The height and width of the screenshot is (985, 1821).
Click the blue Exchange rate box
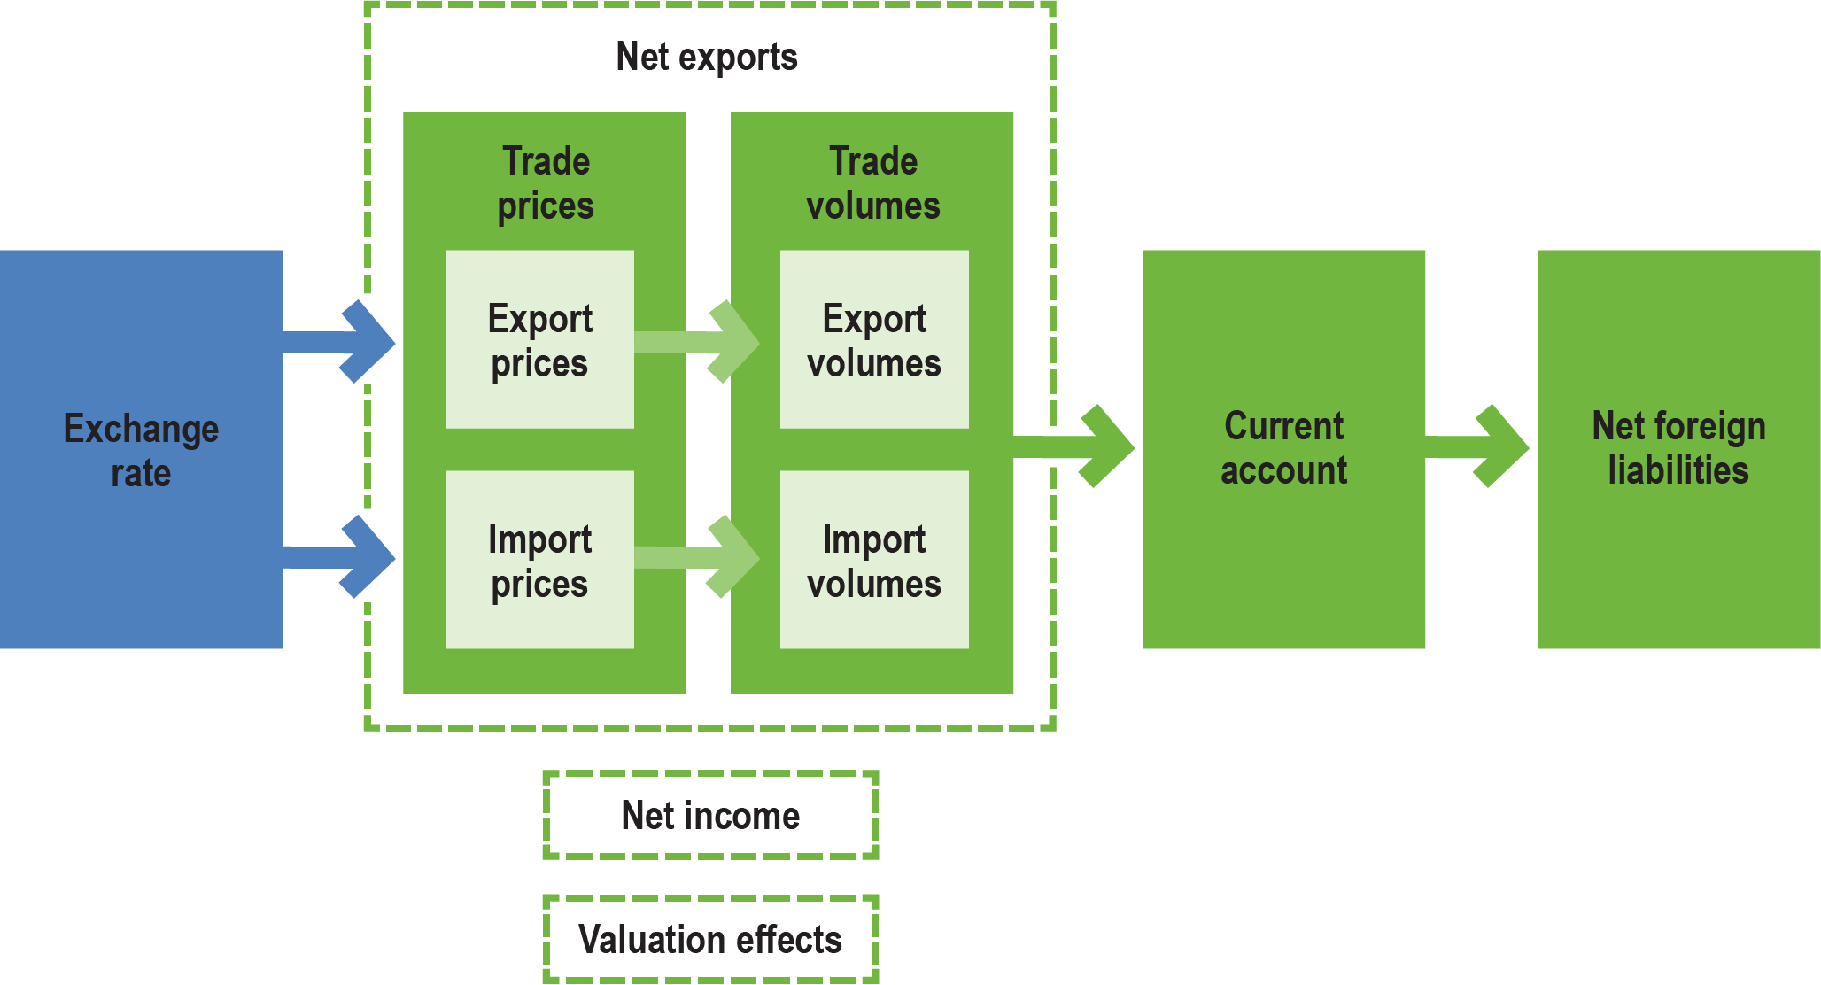click(141, 449)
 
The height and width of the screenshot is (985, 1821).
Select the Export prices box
click(539, 340)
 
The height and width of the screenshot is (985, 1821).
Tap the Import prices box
click(539, 560)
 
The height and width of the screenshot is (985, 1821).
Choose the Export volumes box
click(874, 340)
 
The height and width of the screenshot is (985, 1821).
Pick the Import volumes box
click(874, 560)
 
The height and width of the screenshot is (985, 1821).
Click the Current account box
click(1283, 449)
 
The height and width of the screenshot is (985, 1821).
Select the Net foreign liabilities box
click(1678, 449)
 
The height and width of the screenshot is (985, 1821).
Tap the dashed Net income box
click(710, 815)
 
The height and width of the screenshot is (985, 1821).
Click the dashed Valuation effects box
click(710, 939)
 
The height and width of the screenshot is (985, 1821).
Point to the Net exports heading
click(707, 57)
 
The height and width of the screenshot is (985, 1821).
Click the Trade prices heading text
click(546, 183)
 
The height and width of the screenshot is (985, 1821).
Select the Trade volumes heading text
click(873, 183)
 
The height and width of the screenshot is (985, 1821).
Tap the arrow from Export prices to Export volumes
click(704, 342)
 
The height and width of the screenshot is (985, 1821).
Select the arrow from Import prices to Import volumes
click(704, 557)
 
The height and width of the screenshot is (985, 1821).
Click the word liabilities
click(1678, 470)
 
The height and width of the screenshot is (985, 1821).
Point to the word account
click(1283, 470)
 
